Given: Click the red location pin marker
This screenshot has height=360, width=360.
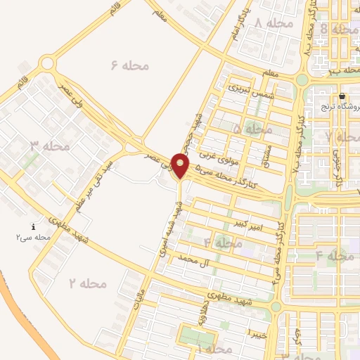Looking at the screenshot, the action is [181, 165].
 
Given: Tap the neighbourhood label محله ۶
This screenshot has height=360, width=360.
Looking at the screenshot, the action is [131, 65].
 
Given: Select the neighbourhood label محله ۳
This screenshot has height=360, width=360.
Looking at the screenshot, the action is [50, 146].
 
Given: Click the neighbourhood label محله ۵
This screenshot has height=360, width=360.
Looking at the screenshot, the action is [252, 129].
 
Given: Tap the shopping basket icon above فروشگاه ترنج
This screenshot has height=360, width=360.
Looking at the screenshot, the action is [342, 96].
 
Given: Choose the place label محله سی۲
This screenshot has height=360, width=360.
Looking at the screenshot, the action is [33, 238].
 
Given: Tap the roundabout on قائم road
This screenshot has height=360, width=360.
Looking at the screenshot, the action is [48, 64].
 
